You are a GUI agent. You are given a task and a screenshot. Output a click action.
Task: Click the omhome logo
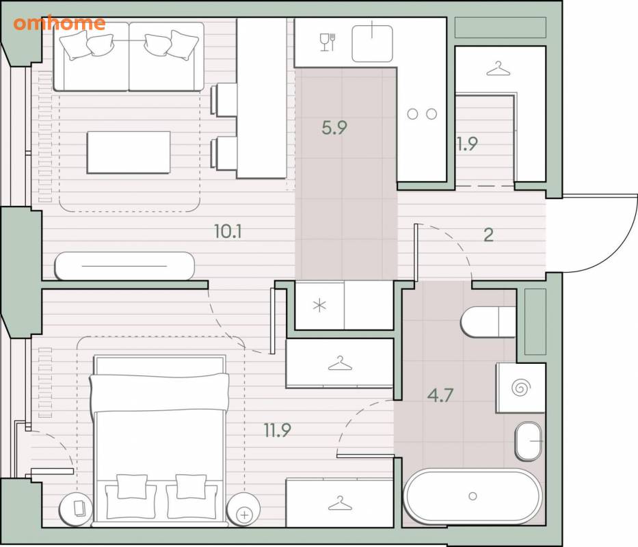pos(59,23)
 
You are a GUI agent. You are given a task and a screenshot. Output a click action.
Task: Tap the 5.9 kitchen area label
pos(334,128)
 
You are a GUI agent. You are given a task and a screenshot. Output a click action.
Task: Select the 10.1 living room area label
pos(228,232)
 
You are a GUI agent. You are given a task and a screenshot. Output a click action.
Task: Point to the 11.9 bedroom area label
pos(278,430)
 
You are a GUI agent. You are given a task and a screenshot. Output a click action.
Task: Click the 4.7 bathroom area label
pos(440,395)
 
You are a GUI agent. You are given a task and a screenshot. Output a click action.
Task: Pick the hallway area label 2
pos(488,235)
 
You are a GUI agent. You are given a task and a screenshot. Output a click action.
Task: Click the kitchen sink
pos(372,44)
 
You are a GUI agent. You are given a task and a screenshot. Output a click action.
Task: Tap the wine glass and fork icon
pos(328,42)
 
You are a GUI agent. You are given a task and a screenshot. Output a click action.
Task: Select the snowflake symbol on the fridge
pos(320,305)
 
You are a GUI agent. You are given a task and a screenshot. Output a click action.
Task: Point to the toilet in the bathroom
pos(488,321)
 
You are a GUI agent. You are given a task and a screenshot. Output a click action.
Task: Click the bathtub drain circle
pos(473,496)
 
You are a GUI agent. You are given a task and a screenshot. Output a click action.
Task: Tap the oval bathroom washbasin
pos(529,441)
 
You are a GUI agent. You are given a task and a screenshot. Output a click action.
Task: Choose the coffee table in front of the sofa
pos(129,152)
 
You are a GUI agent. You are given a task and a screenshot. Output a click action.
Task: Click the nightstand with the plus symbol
pos(243,509)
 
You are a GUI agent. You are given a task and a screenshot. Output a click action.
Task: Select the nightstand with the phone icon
pos(77,509)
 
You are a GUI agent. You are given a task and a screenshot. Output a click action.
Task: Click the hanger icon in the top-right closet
pos(499,69)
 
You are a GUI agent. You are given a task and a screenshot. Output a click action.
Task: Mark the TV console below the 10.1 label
pos(124,266)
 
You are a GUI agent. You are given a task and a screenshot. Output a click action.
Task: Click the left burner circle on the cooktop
pos(412,114)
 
